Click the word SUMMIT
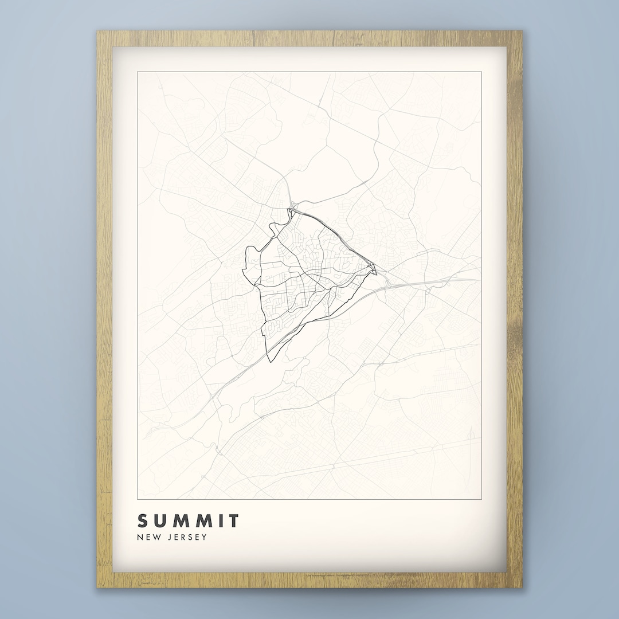188,521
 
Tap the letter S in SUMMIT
142,521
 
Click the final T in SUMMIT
233,521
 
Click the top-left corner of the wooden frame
97,31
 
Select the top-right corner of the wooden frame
522,31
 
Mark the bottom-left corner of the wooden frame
97,587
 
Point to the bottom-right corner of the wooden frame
522,587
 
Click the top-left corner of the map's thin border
138,72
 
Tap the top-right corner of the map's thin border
481,72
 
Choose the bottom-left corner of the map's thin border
138,499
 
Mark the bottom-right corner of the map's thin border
481,499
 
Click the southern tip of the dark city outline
268,362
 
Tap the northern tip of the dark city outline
291,209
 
